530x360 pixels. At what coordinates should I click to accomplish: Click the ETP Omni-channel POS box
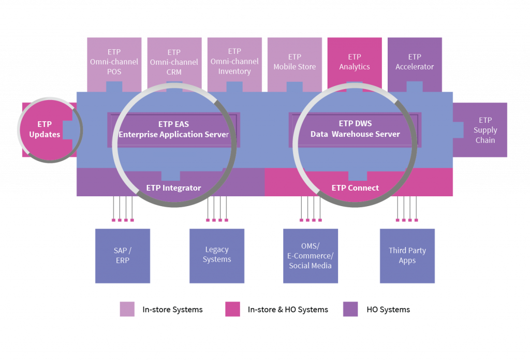[114, 62]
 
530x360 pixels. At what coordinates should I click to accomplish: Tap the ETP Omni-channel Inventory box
[234, 61]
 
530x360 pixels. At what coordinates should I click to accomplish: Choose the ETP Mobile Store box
[295, 62]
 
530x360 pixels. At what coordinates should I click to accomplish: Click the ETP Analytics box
[355, 62]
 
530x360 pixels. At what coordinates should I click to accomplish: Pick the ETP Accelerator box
[415, 62]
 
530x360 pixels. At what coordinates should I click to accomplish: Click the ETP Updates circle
[45, 129]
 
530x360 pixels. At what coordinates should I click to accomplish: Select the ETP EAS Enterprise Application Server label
[174, 129]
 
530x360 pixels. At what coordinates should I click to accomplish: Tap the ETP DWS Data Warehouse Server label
[355, 128]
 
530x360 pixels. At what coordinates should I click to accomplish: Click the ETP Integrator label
[173, 188]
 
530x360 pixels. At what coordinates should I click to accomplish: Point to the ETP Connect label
[355, 188]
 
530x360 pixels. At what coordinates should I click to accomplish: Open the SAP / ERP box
[123, 256]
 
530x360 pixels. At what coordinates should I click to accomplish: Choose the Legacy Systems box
[217, 256]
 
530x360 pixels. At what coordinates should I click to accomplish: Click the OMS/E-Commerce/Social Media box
[311, 256]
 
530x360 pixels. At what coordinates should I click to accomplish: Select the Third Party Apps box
[407, 256]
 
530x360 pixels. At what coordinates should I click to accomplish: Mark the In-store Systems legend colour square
[127, 309]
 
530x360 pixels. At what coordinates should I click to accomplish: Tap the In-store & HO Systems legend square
[233, 309]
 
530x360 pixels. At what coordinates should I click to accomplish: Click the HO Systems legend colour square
[350, 309]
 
